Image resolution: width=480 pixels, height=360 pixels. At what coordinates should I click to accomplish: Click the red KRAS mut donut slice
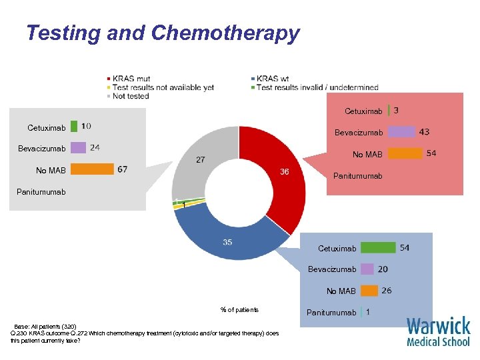click(x=280, y=180)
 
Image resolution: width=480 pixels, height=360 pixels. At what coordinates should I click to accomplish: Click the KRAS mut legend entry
click(x=131, y=79)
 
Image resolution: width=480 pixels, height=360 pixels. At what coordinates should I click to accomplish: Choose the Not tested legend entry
click(x=130, y=96)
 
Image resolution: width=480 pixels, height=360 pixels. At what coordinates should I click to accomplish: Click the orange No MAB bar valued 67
click(x=92, y=169)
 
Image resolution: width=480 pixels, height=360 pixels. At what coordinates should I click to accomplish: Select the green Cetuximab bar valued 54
click(x=378, y=248)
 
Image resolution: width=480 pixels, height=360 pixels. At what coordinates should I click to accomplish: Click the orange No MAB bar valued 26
click(x=369, y=291)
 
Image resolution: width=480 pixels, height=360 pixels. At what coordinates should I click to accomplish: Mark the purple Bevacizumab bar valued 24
click(x=78, y=148)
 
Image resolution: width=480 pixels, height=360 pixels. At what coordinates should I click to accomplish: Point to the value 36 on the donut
click(x=284, y=172)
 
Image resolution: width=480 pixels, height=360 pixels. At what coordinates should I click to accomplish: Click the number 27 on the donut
click(x=200, y=159)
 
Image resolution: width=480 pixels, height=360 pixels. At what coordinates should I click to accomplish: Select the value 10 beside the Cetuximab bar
click(x=87, y=126)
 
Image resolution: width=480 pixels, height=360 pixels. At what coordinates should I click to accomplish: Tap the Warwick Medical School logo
click(x=438, y=331)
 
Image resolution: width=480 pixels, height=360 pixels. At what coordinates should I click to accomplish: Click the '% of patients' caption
click(x=239, y=310)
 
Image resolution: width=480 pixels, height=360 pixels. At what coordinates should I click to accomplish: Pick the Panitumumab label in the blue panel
click(x=331, y=312)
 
